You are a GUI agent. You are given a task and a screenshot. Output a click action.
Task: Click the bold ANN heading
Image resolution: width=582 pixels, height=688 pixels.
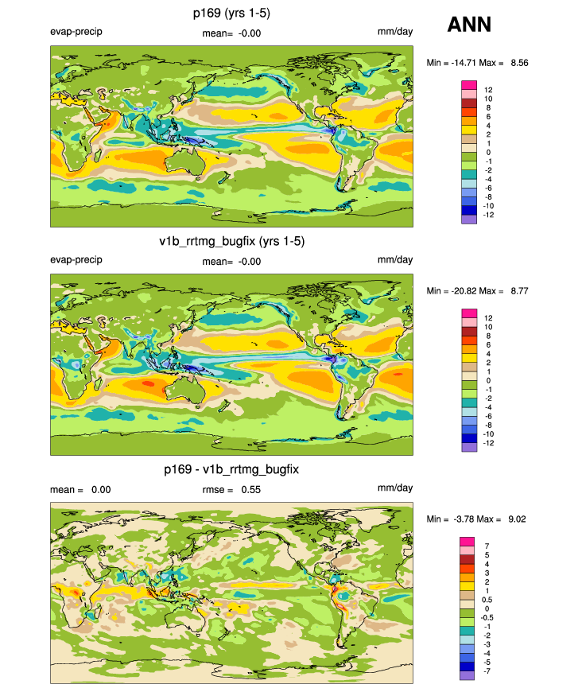coord(469,25)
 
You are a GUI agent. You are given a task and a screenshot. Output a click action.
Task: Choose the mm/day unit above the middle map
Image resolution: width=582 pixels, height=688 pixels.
coord(395,261)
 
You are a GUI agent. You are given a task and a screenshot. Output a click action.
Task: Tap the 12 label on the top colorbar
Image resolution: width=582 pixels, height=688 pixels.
coord(488,90)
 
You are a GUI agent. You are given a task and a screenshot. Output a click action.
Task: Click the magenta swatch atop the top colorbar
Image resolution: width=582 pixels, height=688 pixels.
coord(468,85)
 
